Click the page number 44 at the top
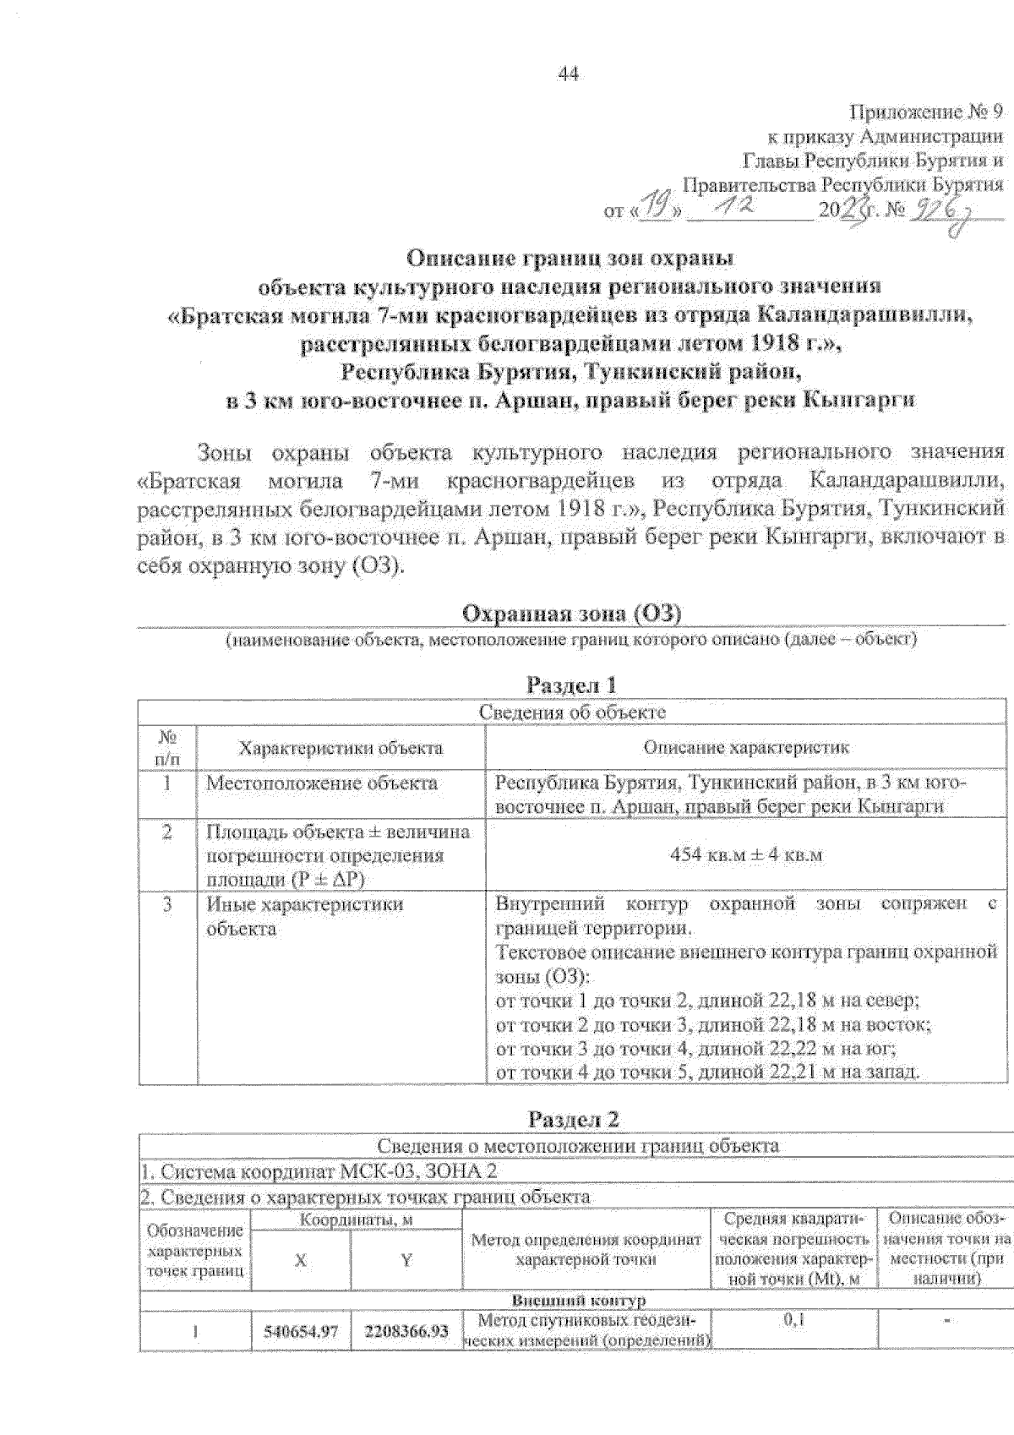point(568,74)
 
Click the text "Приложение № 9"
point(925,112)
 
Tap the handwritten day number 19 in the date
point(653,206)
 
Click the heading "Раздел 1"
point(572,685)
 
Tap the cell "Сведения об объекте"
point(572,712)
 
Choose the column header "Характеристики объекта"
point(341,748)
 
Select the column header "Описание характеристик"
point(746,748)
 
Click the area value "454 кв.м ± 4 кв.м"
point(746,854)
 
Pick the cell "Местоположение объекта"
point(322,783)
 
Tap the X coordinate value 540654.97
point(301,1332)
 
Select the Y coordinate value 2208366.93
point(406,1332)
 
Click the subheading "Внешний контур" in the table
point(578,1300)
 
